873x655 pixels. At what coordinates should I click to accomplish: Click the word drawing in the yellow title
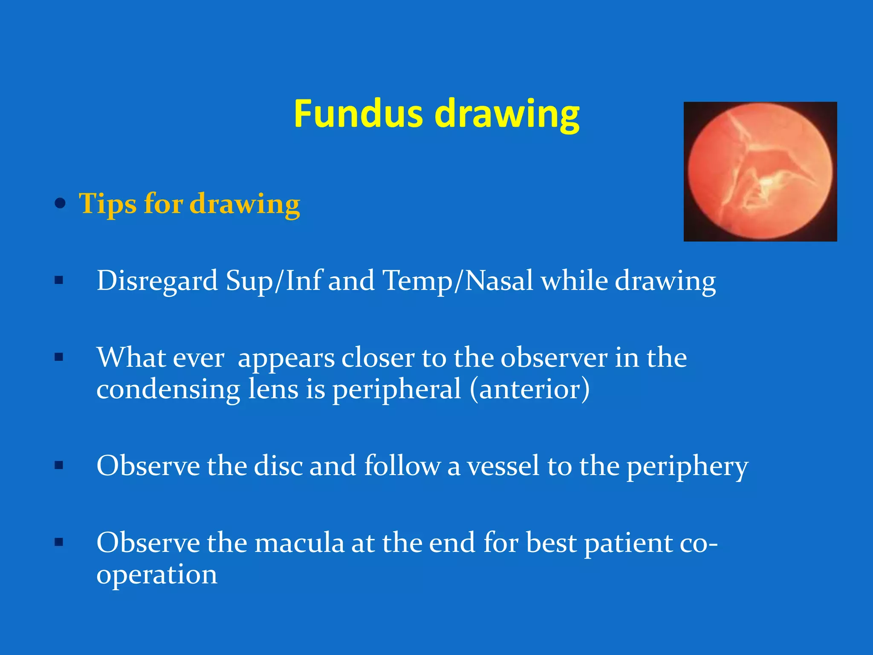(507, 115)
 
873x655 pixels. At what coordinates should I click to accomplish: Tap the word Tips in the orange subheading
(107, 203)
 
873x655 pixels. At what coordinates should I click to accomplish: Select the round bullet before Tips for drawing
(61, 203)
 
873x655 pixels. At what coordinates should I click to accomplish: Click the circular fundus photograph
(760, 171)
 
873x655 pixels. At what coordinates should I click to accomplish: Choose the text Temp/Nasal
(458, 281)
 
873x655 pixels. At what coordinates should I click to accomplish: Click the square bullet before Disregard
(59, 281)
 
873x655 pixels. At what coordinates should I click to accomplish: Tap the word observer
(554, 358)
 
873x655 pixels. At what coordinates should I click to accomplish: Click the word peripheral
(396, 390)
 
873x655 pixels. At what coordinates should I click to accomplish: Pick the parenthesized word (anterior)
(529, 390)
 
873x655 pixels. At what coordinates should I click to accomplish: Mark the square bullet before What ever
(59, 357)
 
